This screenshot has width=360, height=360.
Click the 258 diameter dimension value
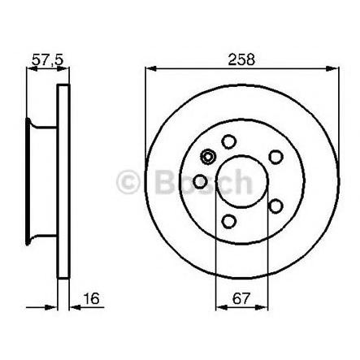pos(241,59)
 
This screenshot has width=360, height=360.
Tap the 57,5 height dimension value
pos(48,59)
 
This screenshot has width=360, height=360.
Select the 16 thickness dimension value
pos(91,298)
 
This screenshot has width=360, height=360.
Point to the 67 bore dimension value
pos(241,298)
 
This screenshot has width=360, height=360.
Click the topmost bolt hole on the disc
pos(229,141)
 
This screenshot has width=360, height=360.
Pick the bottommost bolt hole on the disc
pos(229,221)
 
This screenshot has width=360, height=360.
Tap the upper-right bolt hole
pos(275,157)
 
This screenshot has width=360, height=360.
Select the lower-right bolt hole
pos(275,206)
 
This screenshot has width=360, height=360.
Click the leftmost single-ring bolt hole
pos(201,181)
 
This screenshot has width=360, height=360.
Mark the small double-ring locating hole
pos(208,157)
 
